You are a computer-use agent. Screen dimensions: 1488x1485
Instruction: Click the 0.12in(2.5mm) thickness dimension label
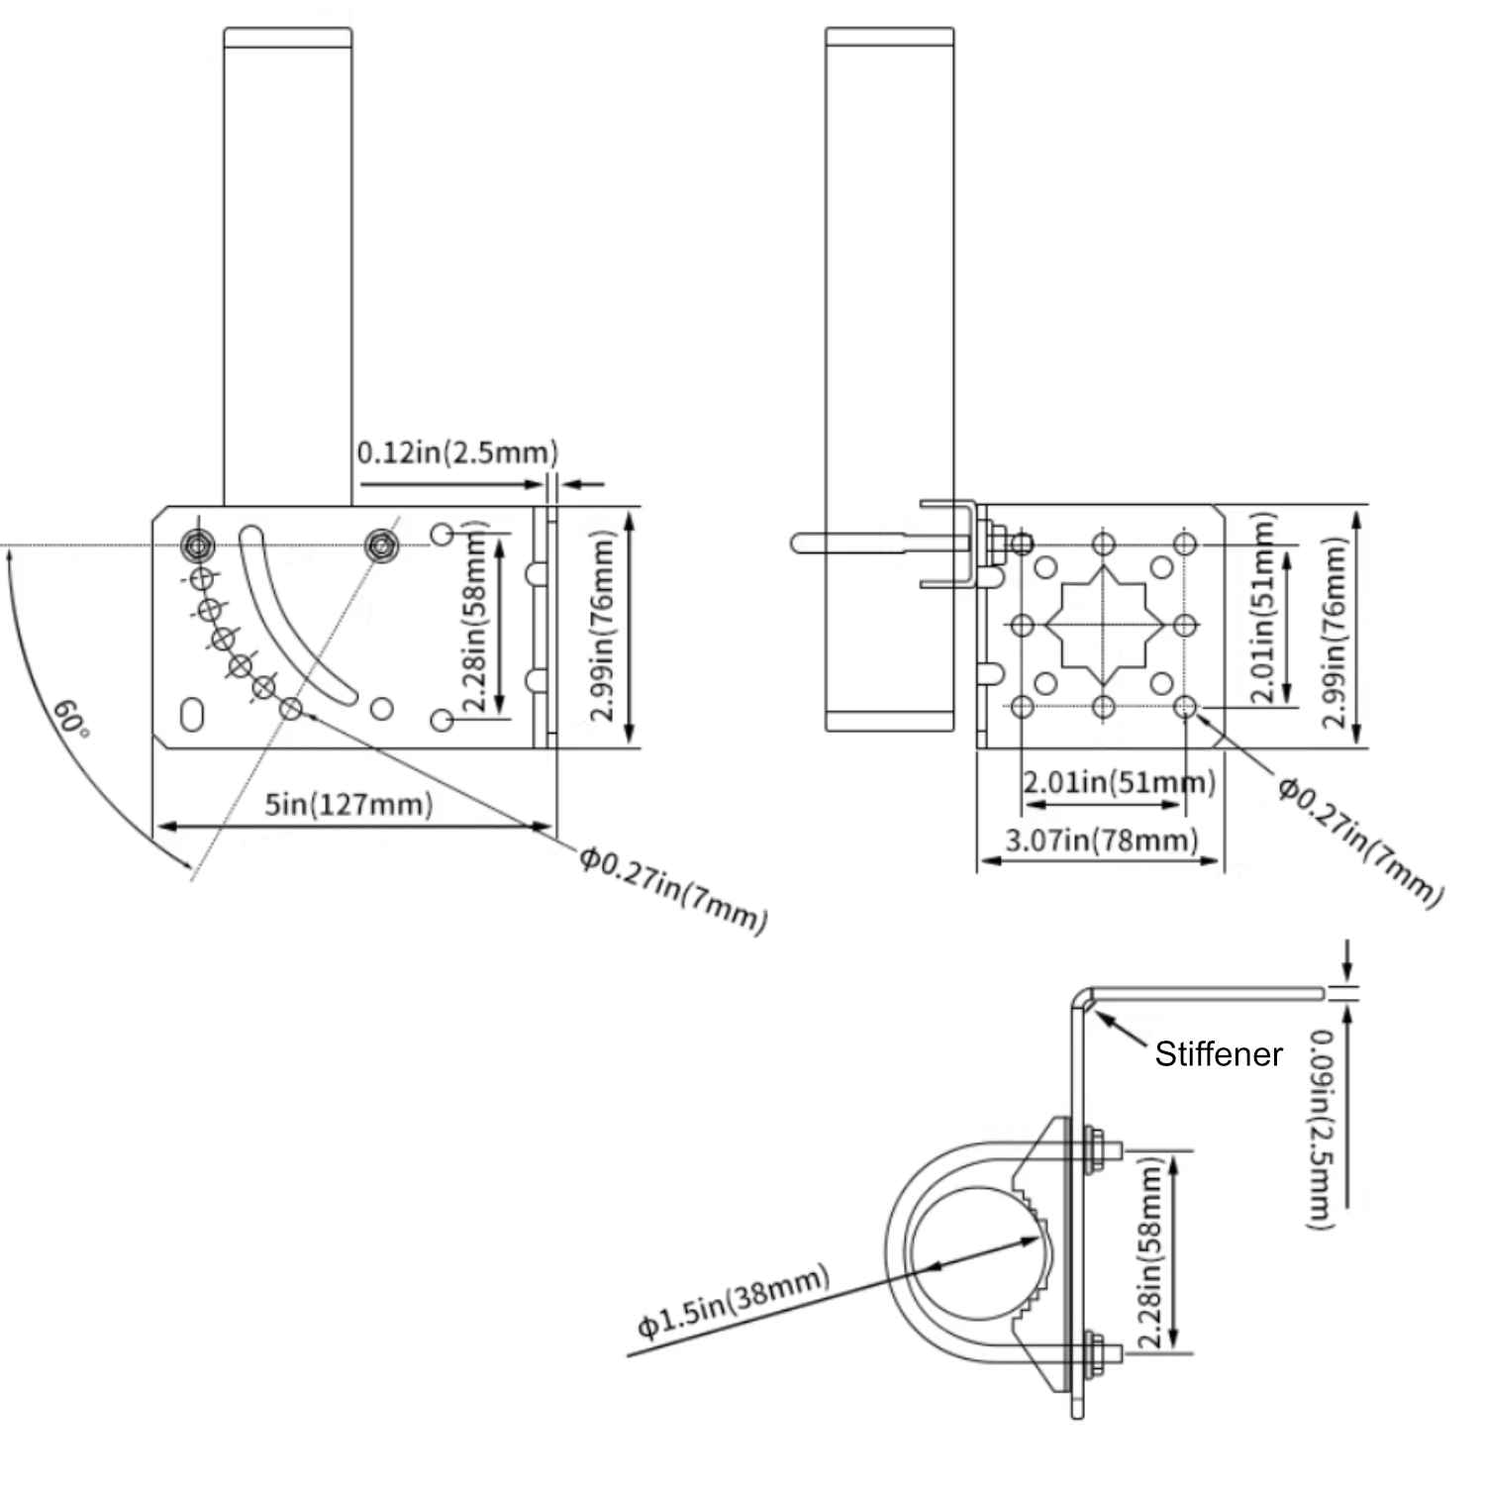pyautogui.click(x=457, y=452)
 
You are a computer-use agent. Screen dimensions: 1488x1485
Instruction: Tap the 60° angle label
pyautogui.click(x=71, y=718)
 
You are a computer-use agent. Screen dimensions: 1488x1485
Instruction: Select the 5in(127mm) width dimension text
pyautogui.click(x=348, y=804)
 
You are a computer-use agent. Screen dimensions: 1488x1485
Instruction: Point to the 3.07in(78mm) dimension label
pyautogui.click(x=1101, y=841)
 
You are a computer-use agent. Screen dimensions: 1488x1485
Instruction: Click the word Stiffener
pyautogui.click(x=1218, y=1054)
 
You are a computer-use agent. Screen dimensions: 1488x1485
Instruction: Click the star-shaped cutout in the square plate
pyautogui.click(x=1104, y=625)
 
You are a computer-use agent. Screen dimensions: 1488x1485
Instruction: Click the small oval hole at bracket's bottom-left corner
pyautogui.click(x=193, y=715)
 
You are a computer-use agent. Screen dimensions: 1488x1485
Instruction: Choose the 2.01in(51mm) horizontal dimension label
pyautogui.click(x=1119, y=782)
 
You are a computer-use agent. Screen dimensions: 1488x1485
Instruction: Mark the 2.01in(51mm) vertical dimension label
pyautogui.click(x=1262, y=608)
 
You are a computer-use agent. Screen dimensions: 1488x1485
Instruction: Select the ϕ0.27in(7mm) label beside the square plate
pyautogui.click(x=1359, y=843)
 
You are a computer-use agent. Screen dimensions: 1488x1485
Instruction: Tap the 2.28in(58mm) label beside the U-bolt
pyautogui.click(x=1150, y=1252)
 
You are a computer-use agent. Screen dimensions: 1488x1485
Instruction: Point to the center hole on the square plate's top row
pyautogui.click(x=1104, y=544)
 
